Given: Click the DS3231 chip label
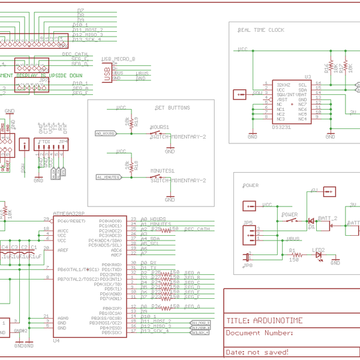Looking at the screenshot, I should tap(281, 127).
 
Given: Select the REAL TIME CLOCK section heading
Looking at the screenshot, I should tap(261, 30).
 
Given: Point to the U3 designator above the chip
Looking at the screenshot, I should tap(307, 77).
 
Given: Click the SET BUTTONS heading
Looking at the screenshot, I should tap(172, 108).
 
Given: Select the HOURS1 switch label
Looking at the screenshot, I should tap(159, 127).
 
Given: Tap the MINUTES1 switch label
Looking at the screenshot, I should tap(162, 171).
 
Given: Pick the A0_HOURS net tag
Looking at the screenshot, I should tap(106, 133).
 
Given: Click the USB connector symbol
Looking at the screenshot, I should tap(107, 72).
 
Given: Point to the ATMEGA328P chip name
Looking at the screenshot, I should tap(69, 213).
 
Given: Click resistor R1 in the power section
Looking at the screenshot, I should tap(293, 255).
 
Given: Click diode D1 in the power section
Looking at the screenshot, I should tap(311, 221).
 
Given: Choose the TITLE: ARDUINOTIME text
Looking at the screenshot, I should tap(265, 320).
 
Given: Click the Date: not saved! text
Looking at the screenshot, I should tap(257, 352).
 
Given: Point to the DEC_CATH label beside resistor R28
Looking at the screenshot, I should tap(197, 229).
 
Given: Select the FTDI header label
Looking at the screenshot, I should tap(45, 140).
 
